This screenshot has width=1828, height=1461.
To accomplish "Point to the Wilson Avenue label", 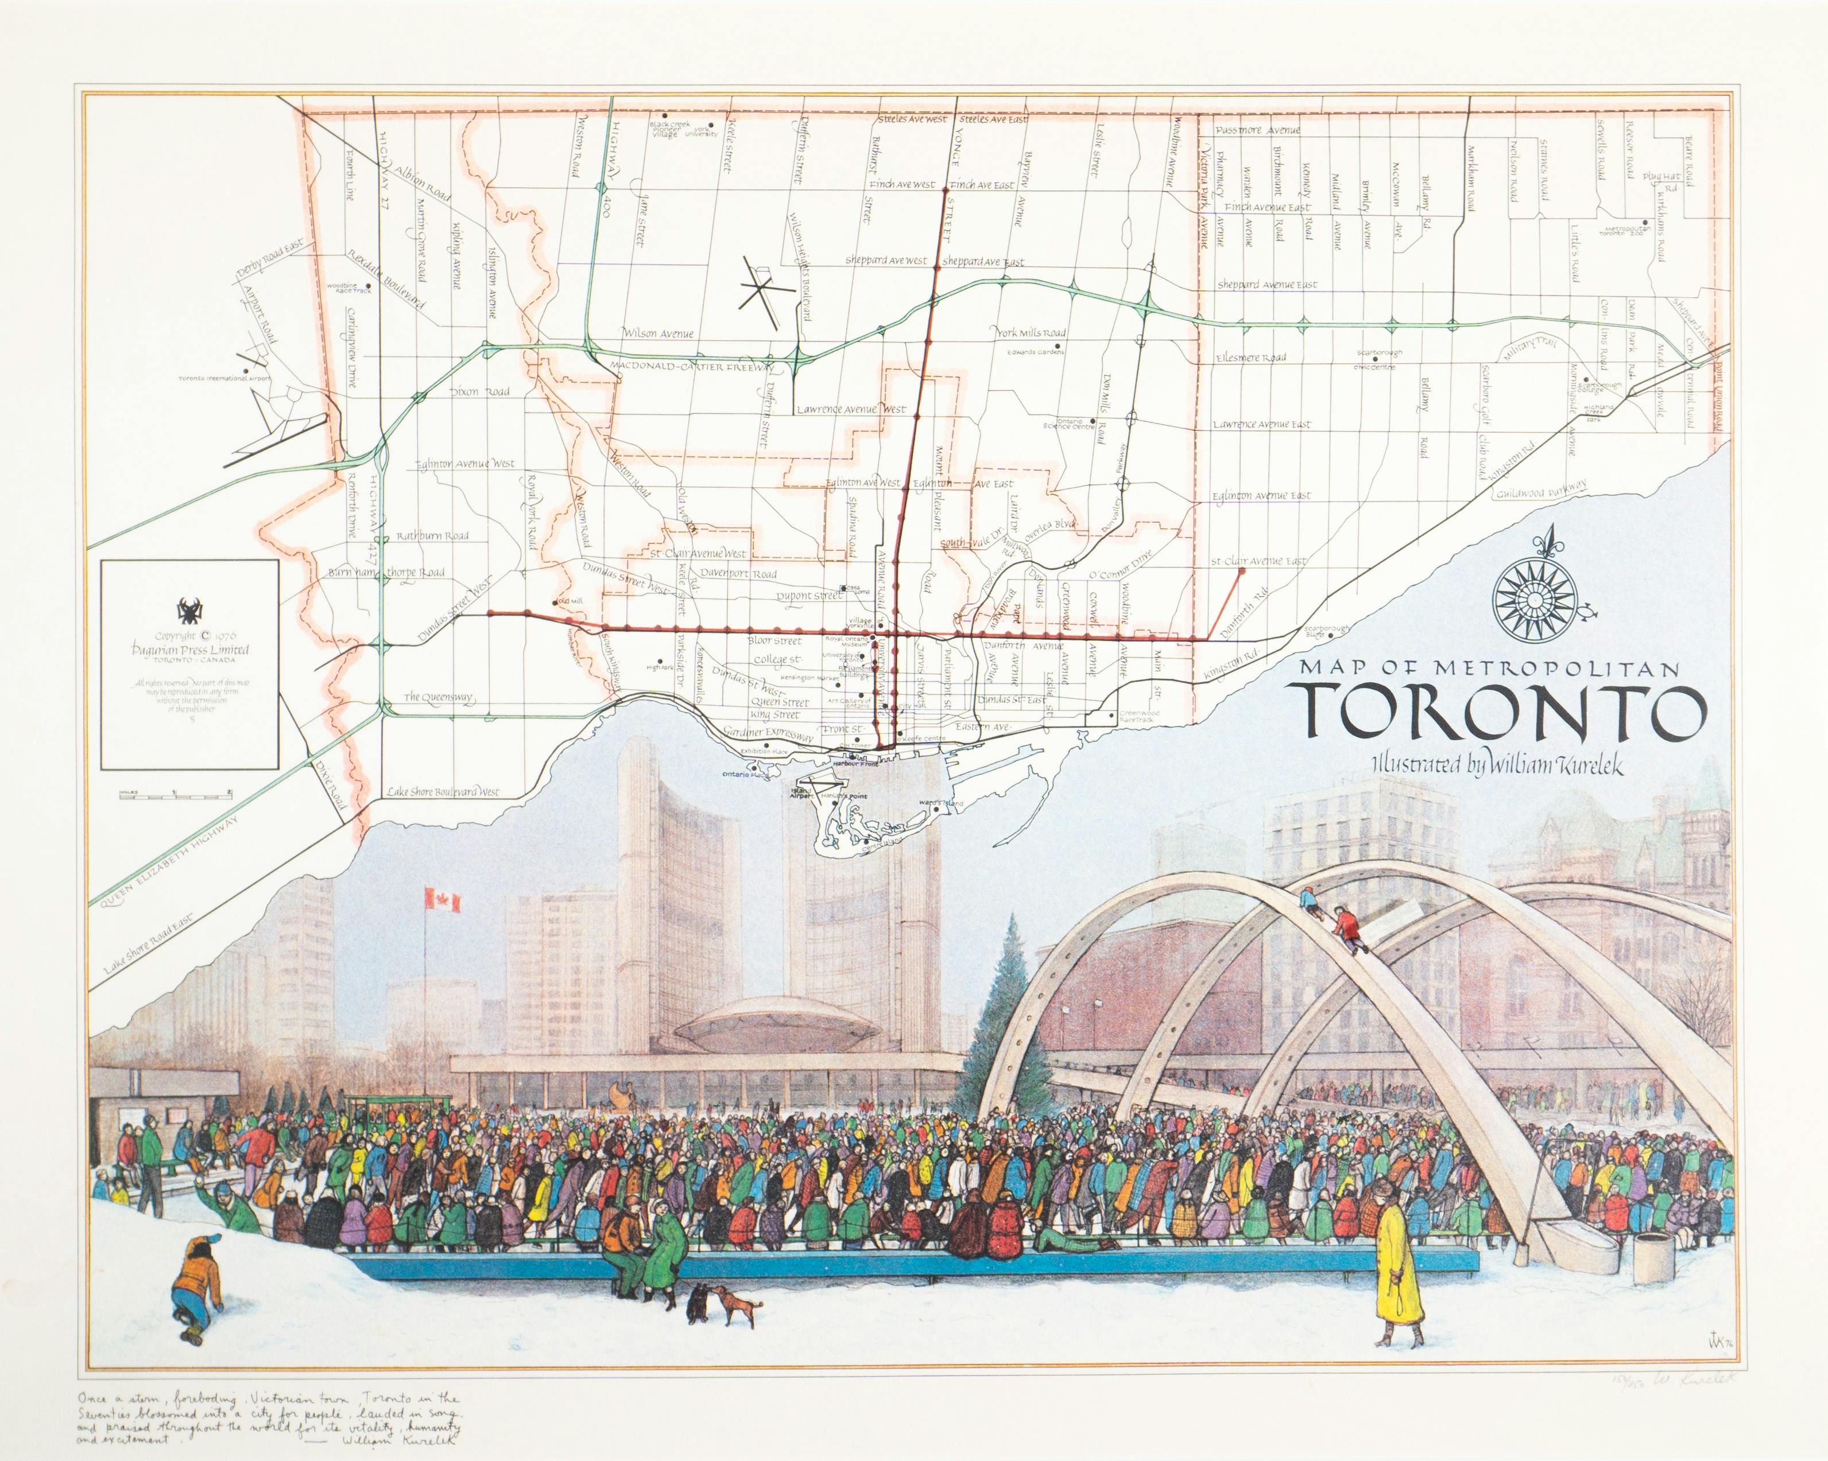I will (x=657, y=332).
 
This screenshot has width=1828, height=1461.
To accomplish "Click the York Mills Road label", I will (x=1031, y=333).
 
